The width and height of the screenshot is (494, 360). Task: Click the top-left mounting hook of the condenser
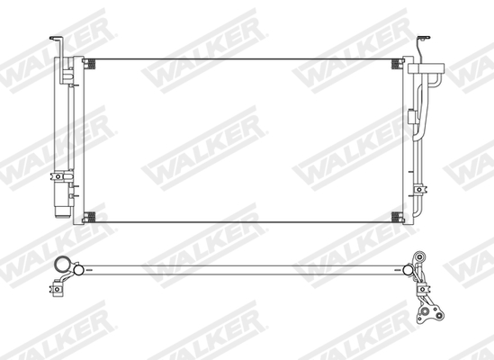55,40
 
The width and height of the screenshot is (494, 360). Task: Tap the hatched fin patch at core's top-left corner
90,63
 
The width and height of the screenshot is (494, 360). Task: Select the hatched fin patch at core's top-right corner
396,63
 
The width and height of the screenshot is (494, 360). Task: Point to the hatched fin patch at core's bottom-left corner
90,216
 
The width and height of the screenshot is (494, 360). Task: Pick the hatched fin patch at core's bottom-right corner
396,216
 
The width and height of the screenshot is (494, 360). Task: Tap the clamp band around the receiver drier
62,176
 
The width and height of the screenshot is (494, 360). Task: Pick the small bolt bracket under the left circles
62,289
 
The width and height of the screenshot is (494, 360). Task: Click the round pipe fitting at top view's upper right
419,257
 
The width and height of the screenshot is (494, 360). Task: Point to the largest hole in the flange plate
427,316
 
